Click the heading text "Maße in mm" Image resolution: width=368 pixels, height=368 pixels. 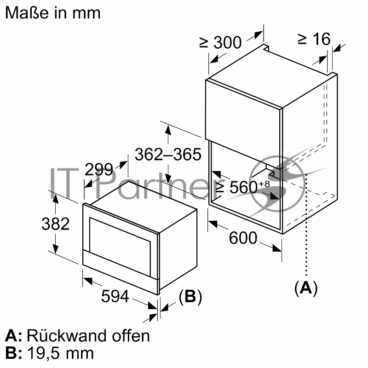52,12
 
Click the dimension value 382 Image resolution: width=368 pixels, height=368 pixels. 55,224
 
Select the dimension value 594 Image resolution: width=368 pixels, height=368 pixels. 115,297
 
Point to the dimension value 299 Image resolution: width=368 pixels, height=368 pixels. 98,170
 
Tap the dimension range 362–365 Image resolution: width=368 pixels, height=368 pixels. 168,155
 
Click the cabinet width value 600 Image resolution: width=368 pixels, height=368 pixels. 243,238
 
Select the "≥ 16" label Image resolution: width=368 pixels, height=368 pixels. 314,39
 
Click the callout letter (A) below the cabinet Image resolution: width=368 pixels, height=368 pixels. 306,287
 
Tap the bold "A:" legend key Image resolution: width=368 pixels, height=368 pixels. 14,335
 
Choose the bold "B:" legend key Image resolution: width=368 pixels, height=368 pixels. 14,353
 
